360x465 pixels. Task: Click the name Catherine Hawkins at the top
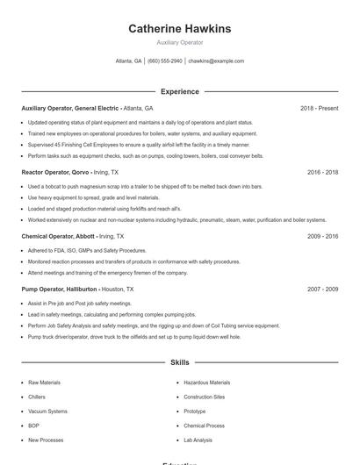(179, 29)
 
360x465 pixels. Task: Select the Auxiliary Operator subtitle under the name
(179, 42)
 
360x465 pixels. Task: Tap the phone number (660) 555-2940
(165, 61)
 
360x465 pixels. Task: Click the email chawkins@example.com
(216, 61)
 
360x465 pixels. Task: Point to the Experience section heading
(179, 91)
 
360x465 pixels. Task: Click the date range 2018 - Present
(319, 108)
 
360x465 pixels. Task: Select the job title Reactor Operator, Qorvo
(54, 173)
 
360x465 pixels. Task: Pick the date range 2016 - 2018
(322, 173)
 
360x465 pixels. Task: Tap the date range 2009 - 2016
(322, 237)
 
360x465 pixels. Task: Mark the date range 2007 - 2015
(322, 289)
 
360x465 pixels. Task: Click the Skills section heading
(179, 361)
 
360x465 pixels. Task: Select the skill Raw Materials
(44, 383)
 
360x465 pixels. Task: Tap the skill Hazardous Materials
(207, 383)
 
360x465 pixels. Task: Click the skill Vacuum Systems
(47, 411)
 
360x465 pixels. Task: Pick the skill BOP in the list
(33, 426)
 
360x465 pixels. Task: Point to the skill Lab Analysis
(198, 440)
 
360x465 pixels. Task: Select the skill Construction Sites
(205, 397)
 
